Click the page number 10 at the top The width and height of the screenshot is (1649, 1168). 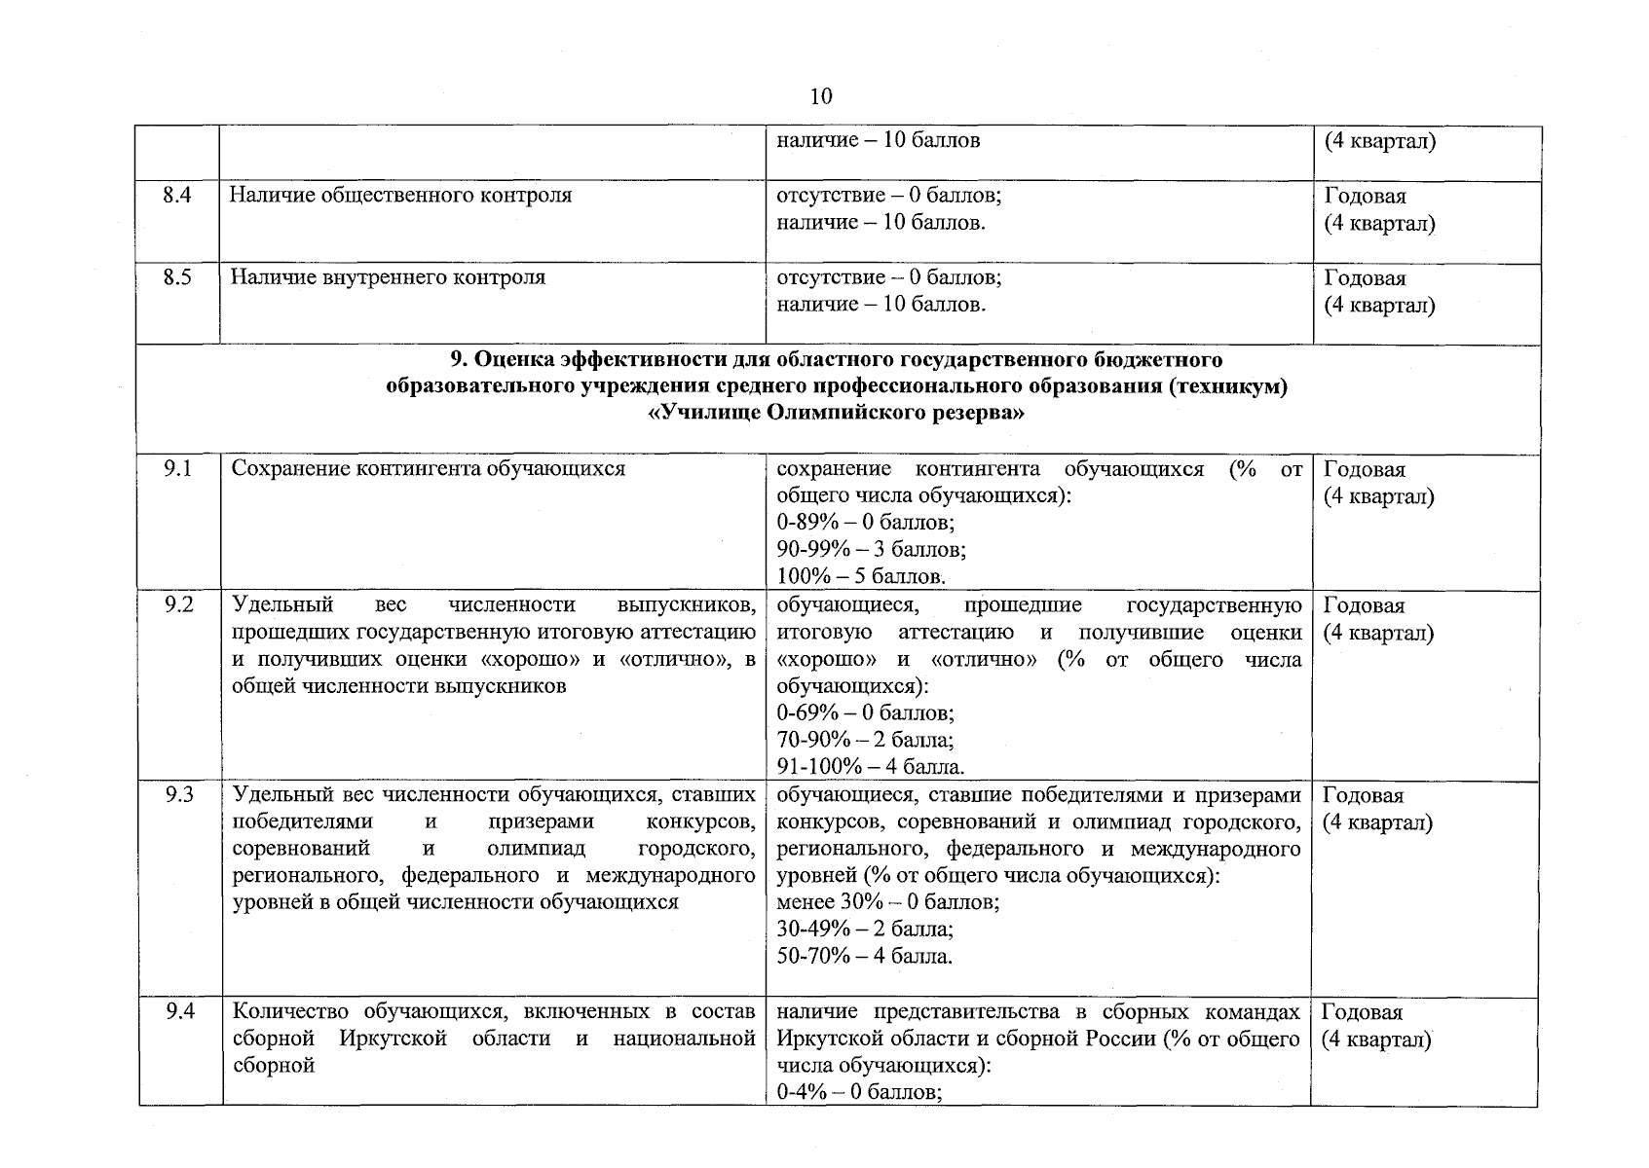(820, 96)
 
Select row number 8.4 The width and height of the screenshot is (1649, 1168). (177, 196)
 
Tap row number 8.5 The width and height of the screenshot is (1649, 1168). (177, 277)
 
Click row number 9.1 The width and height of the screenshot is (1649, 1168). (177, 469)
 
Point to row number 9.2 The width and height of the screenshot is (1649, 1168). (177, 605)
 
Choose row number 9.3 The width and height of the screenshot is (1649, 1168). (177, 795)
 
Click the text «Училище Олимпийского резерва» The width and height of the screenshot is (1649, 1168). (837, 414)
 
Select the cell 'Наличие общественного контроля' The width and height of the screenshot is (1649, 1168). (401, 196)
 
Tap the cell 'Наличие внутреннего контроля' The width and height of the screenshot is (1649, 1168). (388, 277)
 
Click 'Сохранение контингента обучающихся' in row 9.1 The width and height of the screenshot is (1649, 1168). (429, 469)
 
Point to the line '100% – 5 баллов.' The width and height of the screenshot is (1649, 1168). (861, 576)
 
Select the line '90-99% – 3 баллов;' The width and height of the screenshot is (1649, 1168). (871, 550)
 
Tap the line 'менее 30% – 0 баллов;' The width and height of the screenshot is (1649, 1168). (887, 902)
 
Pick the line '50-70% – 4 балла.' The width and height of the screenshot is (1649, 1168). (864, 956)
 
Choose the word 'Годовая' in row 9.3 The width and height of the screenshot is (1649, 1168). (1364, 796)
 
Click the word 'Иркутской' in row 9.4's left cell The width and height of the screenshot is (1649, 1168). (394, 1039)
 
